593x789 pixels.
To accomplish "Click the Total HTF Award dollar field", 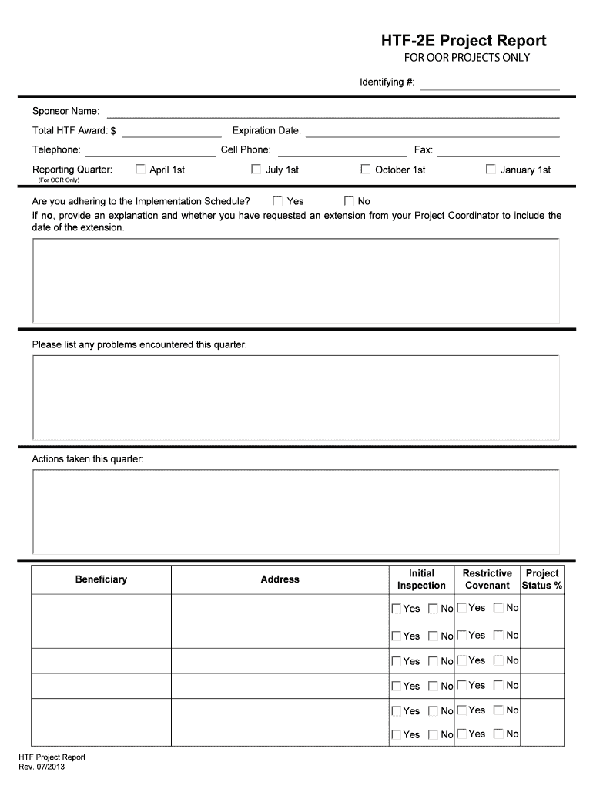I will (x=171, y=131).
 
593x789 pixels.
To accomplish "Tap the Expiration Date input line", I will (x=432, y=131).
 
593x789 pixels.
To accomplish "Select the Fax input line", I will (x=498, y=150).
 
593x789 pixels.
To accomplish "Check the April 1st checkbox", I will (x=140, y=170).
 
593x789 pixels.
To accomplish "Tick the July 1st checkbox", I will (x=256, y=170).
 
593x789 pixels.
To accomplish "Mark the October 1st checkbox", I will (x=366, y=170).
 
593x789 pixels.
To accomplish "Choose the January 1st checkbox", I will (x=491, y=170).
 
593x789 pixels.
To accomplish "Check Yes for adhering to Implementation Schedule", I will (x=277, y=201).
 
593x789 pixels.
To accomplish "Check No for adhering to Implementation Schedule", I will (x=349, y=201).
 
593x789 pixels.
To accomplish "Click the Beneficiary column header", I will (x=101, y=579).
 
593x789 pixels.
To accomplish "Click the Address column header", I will (x=280, y=579).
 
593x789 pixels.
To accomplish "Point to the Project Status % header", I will (x=542, y=579).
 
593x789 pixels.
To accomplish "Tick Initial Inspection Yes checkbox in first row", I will (x=397, y=609).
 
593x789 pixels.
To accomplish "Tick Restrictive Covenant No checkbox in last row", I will (x=498, y=734).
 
